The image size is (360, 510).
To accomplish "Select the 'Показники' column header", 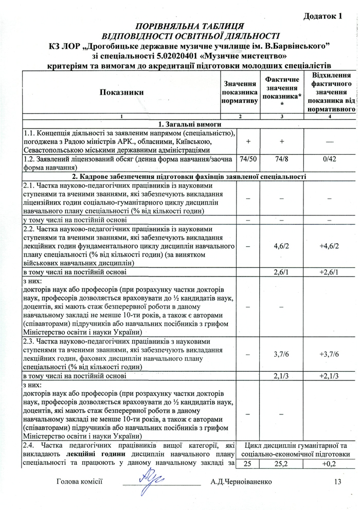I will tap(122, 92).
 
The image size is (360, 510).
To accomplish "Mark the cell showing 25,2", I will tap(282, 464).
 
